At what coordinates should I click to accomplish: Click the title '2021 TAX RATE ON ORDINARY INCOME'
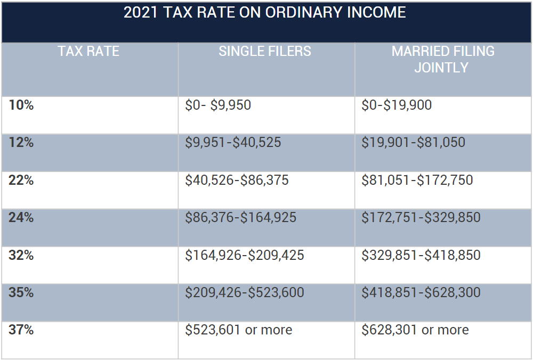(264, 13)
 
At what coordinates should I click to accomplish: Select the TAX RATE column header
(88, 52)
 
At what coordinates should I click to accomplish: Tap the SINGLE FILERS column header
(265, 52)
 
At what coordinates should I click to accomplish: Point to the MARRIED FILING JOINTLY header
(443, 59)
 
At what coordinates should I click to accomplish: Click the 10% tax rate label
(21, 105)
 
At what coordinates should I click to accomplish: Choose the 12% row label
(21, 143)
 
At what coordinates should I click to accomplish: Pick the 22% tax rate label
(21, 181)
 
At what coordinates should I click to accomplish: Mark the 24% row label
(21, 218)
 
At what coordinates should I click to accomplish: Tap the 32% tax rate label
(21, 256)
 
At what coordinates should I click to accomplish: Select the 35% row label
(21, 293)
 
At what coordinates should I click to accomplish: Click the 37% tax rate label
(21, 330)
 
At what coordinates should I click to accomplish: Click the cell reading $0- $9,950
(218, 105)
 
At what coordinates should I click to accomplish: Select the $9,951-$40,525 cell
(233, 143)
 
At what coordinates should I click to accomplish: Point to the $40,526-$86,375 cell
(237, 181)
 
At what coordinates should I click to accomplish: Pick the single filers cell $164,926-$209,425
(245, 256)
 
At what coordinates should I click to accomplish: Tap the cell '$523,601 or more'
(238, 330)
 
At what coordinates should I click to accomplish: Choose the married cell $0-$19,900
(397, 105)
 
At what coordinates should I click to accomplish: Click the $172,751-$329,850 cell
(421, 218)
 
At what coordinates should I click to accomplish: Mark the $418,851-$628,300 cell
(421, 293)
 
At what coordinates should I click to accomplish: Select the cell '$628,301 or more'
(415, 330)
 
